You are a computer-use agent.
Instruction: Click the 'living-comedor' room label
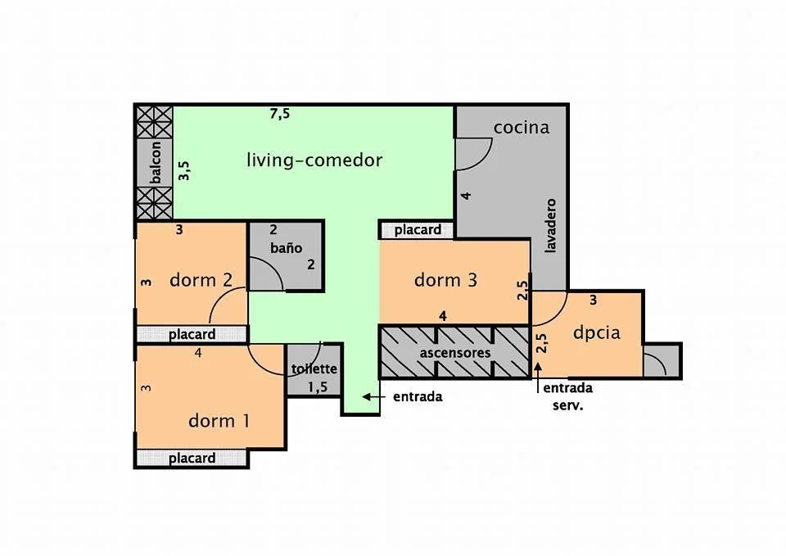click(x=314, y=160)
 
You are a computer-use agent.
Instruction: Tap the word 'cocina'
click(x=522, y=128)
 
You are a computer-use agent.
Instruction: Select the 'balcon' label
click(x=156, y=162)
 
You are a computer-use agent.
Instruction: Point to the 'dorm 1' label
click(x=219, y=420)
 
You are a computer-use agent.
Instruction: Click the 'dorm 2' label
click(x=201, y=280)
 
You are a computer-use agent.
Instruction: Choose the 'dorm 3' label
click(x=445, y=280)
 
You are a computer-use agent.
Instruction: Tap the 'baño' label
click(x=287, y=247)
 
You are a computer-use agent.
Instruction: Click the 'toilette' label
click(x=314, y=369)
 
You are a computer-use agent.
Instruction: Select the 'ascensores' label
click(x=455, y=352)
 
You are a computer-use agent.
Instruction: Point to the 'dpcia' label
click(x=597, y=333)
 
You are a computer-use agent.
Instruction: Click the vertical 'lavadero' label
click(x=551, y=226)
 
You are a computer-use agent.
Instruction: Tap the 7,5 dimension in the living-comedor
click(x=280, y=114)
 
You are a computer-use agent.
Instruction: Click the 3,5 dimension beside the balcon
click(x=184, y=170)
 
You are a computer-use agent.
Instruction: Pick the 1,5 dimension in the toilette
click(x=318, y=387)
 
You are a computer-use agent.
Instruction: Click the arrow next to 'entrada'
click(x=374, y=396)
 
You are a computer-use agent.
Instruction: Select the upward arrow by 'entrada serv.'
click(x=537, y=377)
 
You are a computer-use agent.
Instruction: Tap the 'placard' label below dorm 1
click(x=192, y=459)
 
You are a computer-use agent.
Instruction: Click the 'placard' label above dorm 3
click(x=418, y=230)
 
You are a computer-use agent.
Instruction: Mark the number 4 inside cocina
click(x=466, y=196)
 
